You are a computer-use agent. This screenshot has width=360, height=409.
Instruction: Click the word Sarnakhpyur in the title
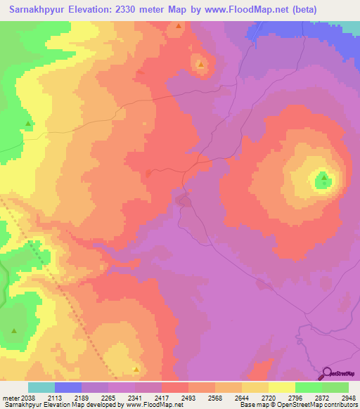(37, 10)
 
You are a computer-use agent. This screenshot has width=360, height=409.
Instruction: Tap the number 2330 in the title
(127, 10)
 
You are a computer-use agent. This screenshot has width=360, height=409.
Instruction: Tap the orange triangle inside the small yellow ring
(201, 65)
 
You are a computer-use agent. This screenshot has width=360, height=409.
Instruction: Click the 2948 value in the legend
(348, 398)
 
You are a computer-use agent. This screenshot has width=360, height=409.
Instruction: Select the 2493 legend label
(188, 398)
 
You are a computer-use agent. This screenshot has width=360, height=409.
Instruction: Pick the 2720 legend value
(268, 398)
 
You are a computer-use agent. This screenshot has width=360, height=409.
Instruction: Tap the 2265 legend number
(108, 398)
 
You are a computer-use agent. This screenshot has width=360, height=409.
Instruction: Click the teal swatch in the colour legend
(41, 387)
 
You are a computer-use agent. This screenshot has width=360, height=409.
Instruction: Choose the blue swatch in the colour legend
(68, 387)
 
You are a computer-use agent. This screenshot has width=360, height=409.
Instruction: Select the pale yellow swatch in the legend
(281, 387)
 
